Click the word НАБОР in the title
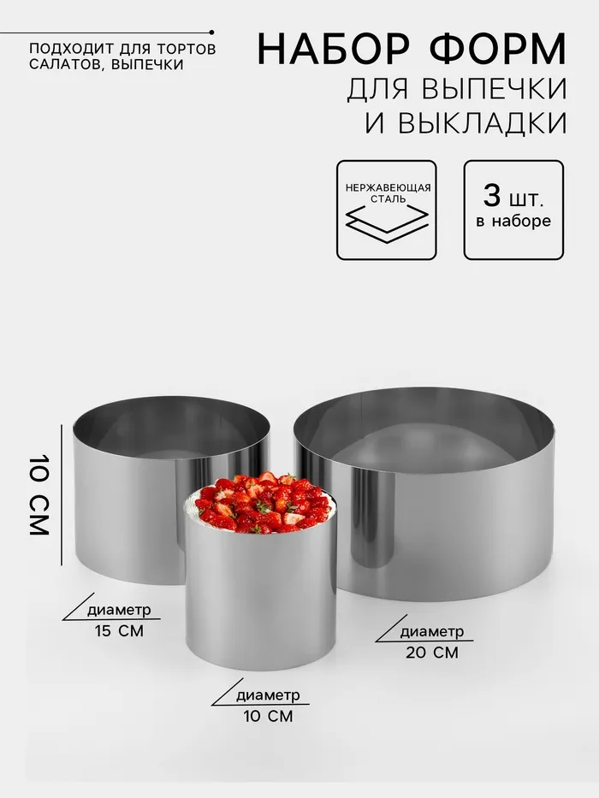334,49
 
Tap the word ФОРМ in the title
499,49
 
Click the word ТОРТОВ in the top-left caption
187,50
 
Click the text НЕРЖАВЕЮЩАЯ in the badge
388,188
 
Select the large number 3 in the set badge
492,195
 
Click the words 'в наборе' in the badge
513,222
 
